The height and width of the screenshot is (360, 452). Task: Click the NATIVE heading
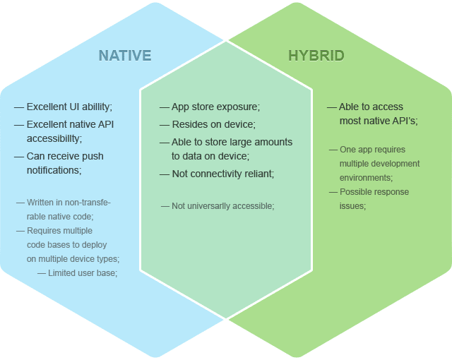tap(124, 56)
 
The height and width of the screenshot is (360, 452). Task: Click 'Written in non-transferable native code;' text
tap(65, 210)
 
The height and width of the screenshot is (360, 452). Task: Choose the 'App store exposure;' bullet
tap(215, 107)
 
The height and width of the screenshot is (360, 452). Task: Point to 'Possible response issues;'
tap(364, 198)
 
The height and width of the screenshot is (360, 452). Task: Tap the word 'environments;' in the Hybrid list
tap(366, 178)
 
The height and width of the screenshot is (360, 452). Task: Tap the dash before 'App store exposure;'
tap(164, 107)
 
